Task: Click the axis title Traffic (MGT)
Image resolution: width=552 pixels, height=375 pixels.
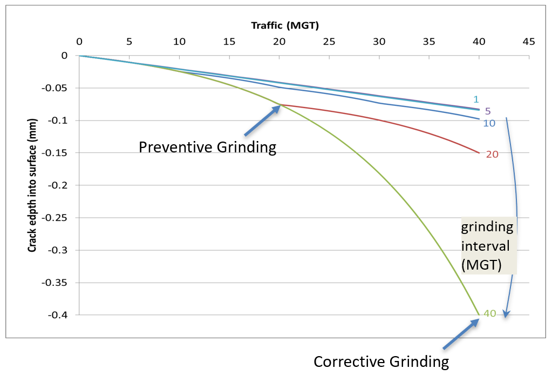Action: click(x=286, y=25)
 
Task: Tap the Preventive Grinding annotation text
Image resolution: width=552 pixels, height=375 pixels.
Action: click(x=208, y=147)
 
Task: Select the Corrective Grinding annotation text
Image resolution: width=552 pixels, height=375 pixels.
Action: click(x=381, y=361)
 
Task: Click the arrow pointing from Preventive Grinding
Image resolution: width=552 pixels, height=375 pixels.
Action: click(x=262, y=120)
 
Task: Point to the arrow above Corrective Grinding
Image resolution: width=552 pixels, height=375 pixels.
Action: click(x=461, y=334)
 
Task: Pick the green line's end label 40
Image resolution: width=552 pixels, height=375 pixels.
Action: click(x=489, y=314)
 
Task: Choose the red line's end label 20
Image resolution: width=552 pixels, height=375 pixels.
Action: click(x=492, y=154)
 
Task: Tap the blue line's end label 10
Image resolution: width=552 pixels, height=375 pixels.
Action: click(x=489, y=123)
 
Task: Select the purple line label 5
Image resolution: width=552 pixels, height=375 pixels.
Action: click(x=487, y=111)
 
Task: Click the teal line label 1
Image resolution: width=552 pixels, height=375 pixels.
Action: click(x=476, y=99)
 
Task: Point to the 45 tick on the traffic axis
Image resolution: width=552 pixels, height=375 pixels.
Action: click(x=529, y=41)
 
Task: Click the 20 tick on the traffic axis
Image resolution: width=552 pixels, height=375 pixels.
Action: click(x=279, y=41)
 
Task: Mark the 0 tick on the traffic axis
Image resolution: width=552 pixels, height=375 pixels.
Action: click(x=79, y=41)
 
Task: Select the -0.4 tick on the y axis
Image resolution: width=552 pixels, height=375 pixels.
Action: click(x=60, y=315)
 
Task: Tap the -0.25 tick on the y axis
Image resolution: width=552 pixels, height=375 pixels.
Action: click(x=58, y=218)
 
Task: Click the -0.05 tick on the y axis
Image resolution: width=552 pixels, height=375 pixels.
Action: click(x=58, y=88)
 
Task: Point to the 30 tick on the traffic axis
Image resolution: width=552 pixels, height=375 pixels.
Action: click(x=379, y=41)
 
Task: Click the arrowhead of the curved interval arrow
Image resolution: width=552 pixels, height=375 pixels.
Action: click(x=506, y=314)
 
